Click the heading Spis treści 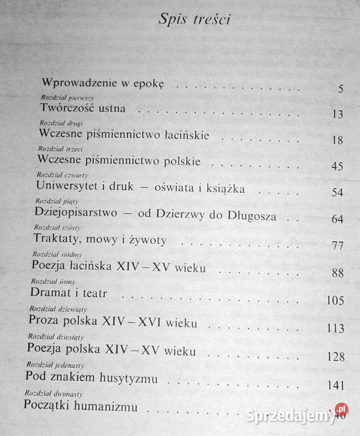[195, 20]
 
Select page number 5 [341, 89]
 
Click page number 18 [338, 140]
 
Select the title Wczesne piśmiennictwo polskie [118, 161]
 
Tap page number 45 [338, 167]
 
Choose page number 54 [338, 193]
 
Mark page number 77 [338, 246]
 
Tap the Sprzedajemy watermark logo [297, 415]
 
